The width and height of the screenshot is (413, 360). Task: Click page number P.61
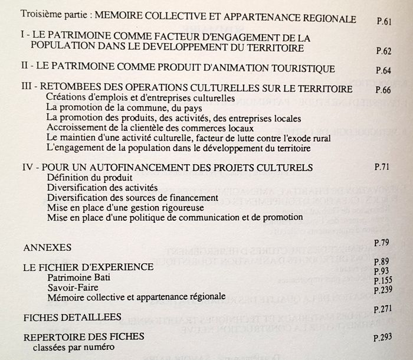(x=384, y=21)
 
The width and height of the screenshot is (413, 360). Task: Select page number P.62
(x=383, y=51)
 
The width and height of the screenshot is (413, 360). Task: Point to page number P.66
(x=383, y=91)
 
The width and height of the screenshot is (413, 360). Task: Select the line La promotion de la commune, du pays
(x=124, y=108)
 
